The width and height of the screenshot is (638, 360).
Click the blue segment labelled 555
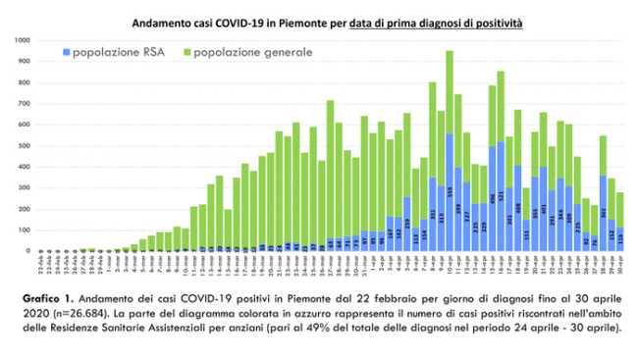450,192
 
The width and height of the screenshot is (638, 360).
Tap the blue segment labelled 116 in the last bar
620,239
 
